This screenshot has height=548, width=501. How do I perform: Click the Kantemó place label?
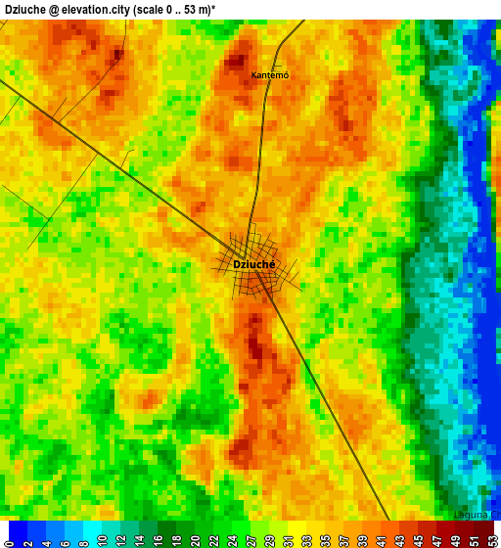coord(269,75)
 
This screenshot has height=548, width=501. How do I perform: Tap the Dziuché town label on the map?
coord(254,264)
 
